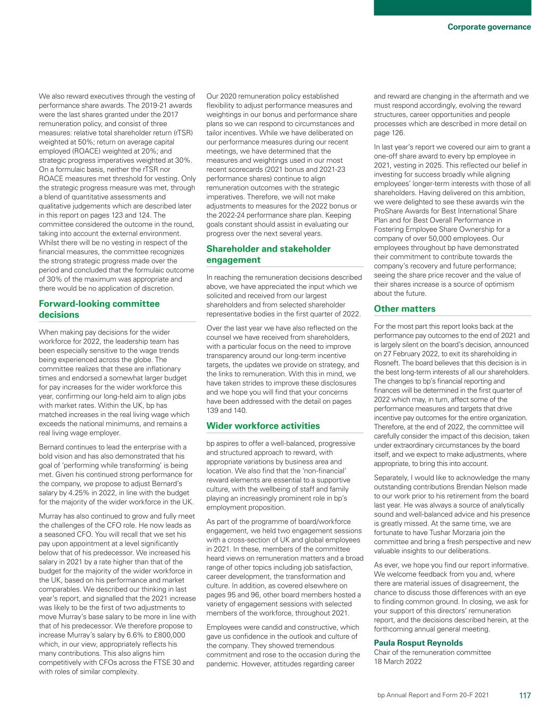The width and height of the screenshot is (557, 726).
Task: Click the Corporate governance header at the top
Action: (489, 27)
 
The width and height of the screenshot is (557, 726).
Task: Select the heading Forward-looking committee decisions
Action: (99, 309)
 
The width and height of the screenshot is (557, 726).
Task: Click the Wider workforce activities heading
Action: (263, 425)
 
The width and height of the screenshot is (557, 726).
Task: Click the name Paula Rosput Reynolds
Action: (418, 642)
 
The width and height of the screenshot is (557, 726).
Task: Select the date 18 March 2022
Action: (398, 662)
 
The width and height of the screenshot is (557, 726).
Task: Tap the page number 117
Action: (525, 695)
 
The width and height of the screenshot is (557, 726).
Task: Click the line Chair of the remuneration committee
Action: (432, 652)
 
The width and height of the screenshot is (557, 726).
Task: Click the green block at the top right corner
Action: (452, 7)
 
